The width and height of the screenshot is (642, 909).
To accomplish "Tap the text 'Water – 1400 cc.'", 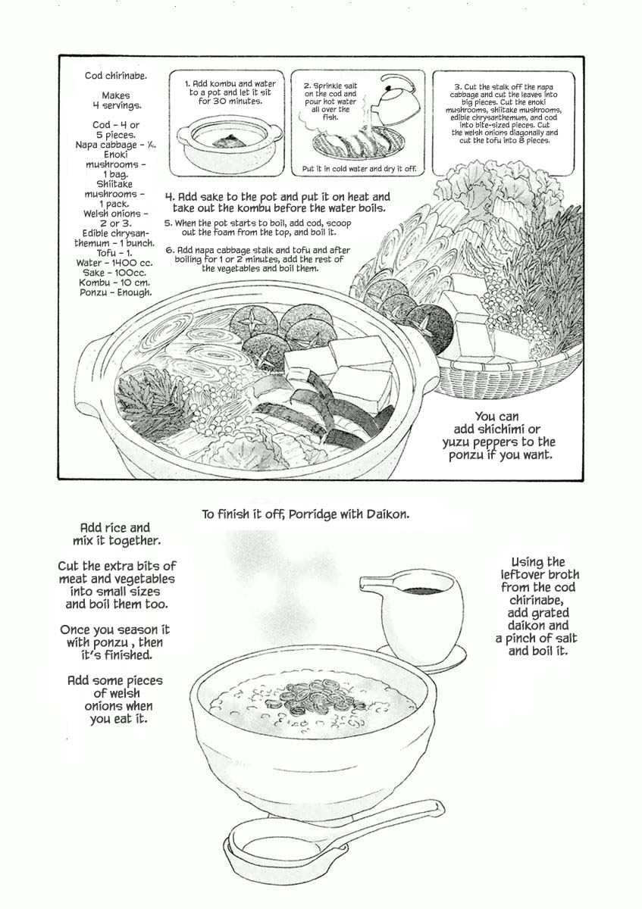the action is point(114,263).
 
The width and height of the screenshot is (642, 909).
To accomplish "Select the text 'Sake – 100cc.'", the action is point(114,273).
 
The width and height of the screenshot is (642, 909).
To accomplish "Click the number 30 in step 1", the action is point(221,102).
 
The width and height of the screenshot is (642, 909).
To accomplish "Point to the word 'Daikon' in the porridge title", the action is point(388,514).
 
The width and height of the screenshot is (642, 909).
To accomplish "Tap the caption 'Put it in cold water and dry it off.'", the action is point(359,169).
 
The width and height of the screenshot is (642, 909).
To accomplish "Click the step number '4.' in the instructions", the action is point(170,197).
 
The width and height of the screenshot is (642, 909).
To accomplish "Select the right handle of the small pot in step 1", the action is point(276,132).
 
